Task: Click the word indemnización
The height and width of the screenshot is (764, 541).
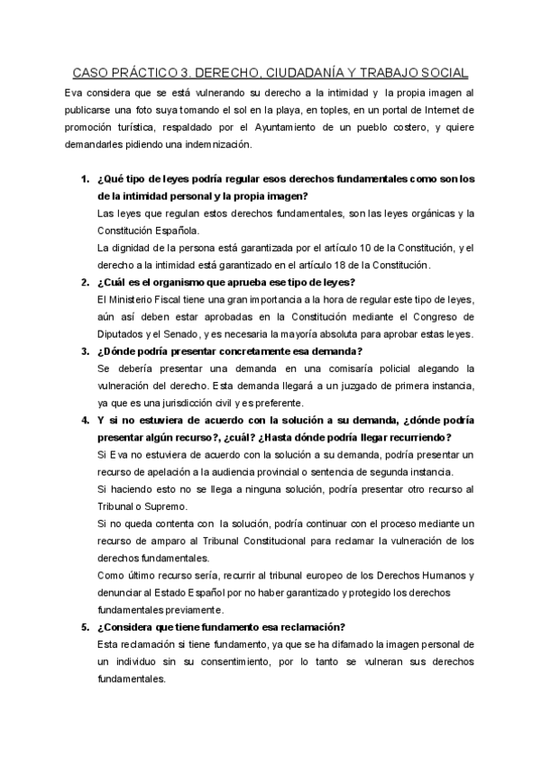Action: (217, 144)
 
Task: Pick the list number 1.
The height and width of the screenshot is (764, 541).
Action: (84, 178)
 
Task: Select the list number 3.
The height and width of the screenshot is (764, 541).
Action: (84, 350)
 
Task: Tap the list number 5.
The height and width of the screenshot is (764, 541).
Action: (84, 627)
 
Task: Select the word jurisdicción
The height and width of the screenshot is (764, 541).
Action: (178, 403)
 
